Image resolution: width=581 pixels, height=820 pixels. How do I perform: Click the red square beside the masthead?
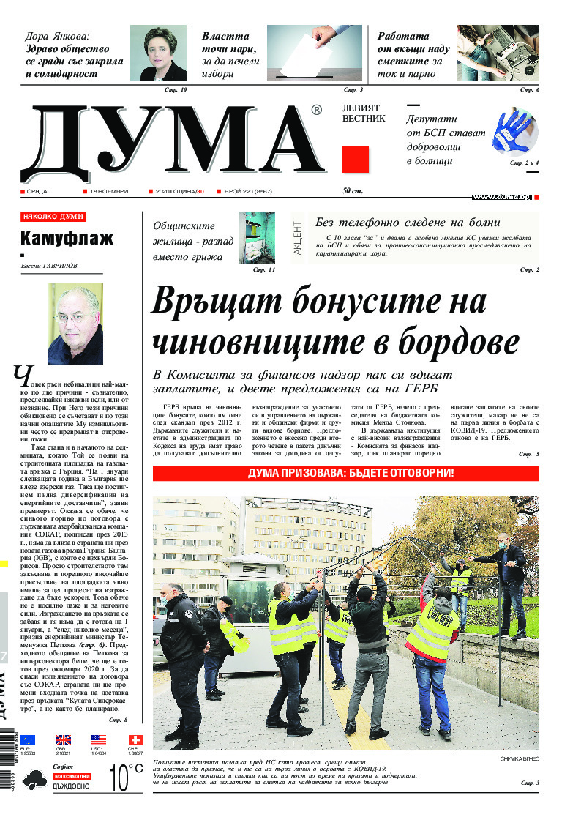pyautogui.click(x=355, y=160)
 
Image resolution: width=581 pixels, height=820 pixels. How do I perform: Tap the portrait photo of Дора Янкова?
pyautogui.click(x=158, y=53)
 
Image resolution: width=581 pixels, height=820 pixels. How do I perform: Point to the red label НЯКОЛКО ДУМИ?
pyautogui.click(x=53, y=217)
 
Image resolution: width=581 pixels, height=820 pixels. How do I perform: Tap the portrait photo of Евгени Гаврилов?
pyautogui.click(x=75, y=324)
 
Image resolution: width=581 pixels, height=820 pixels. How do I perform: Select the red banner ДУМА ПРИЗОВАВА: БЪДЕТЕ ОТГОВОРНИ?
pyautogui.click(x=345, y=473)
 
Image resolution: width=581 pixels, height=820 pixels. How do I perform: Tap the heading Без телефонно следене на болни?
pyautogui.click(x=407, y=223)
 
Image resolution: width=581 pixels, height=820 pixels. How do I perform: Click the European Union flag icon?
pyautogui.click(x=28, y=739)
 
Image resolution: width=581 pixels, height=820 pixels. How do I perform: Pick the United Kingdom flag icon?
pyautogui.click(x=64, y=739)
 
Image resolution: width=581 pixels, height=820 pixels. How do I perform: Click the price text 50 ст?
pyautogui.click(x=353, y=191)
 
